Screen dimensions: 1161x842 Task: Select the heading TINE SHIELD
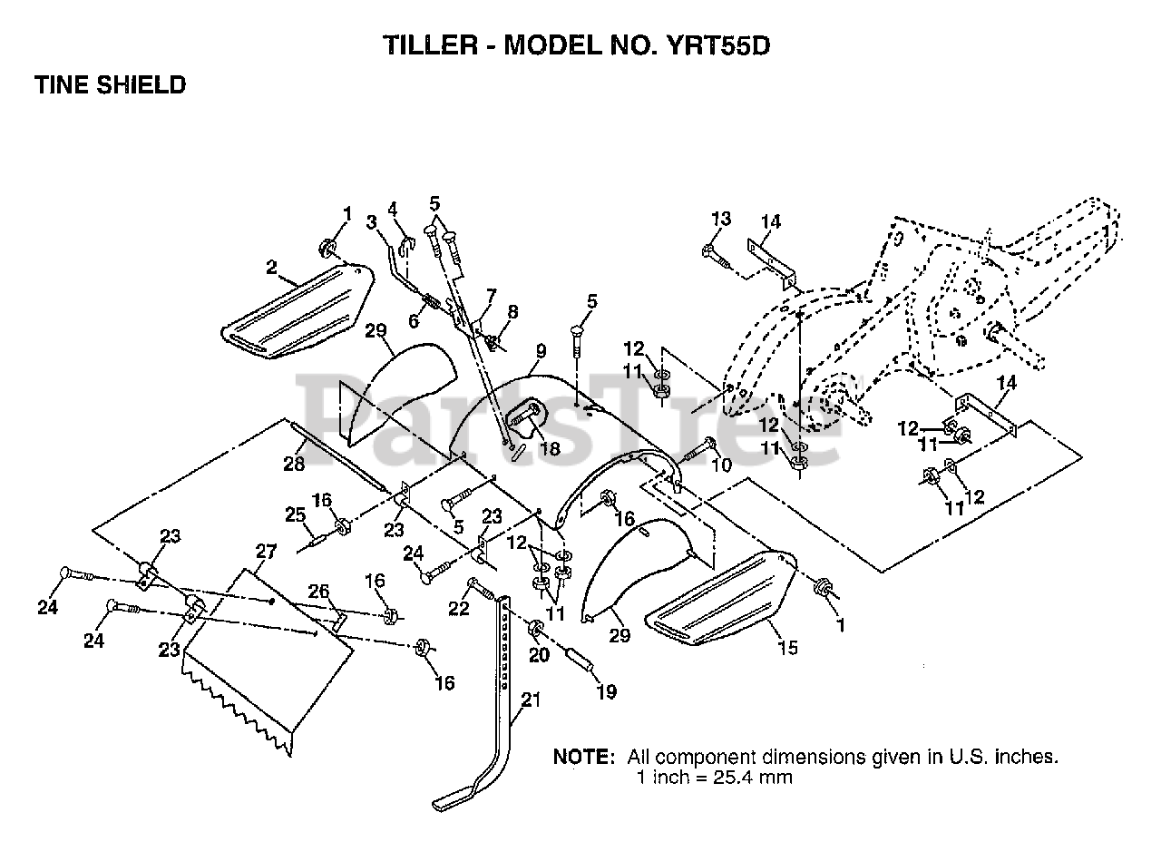(x=110, y=84)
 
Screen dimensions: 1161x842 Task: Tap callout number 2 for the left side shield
(x=271, y=268)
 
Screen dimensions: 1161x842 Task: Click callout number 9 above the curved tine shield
(x=541, y=351)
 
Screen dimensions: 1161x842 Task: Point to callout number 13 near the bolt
(x=720, y=219)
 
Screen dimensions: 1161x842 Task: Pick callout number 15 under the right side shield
(x=788, y=648)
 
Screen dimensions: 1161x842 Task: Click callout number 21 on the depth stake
(x=531, y=700)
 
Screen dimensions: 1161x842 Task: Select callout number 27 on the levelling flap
(x=266, y=551)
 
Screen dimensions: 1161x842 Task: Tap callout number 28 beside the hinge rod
(x=294, y=463)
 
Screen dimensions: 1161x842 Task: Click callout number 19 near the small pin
(x=607, y=691)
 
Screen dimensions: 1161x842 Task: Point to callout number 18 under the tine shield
(x=550, y=448)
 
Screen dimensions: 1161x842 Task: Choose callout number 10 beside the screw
(x=721, y=465)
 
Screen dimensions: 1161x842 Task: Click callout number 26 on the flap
(x=318, y=591)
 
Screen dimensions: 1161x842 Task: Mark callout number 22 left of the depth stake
(x=459, y=608)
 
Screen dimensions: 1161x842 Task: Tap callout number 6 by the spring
(x=413, y=321)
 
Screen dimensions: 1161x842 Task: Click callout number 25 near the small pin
(x=296, y=514)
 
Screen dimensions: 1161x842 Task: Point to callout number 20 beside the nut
(x=539, y=655)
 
